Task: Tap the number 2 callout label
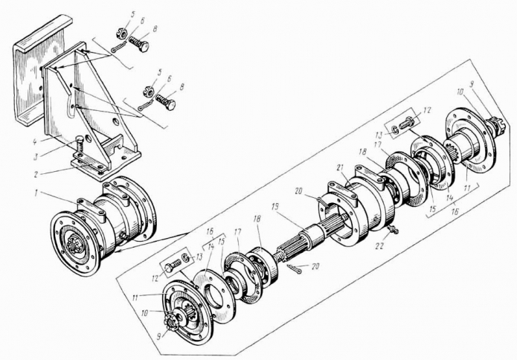point(37,174)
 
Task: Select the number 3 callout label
point(37,155)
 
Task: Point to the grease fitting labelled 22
point(392,228)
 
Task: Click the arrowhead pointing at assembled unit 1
point(118,251)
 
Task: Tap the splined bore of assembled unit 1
point(74,245)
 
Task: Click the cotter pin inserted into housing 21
point(322,202)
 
